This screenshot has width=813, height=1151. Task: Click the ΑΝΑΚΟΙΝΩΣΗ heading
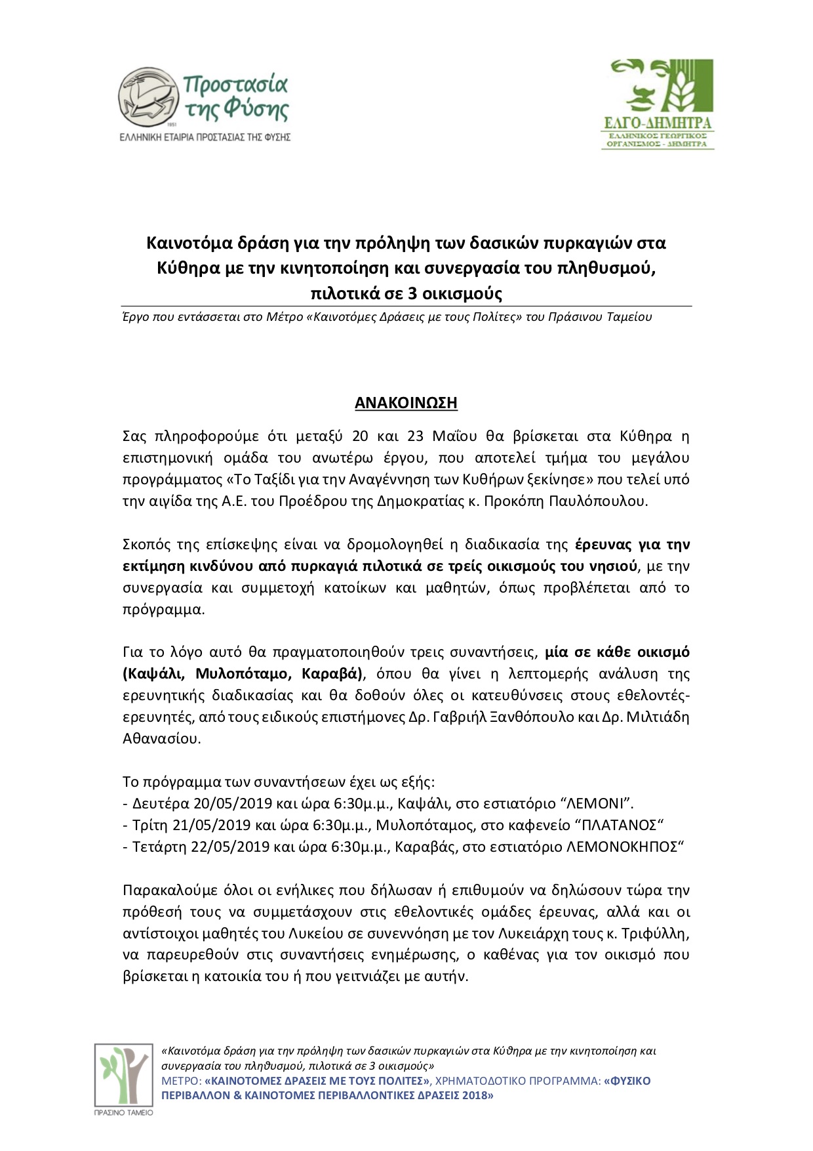tap(406, 402)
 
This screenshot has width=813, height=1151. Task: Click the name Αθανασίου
tap(161, 738)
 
